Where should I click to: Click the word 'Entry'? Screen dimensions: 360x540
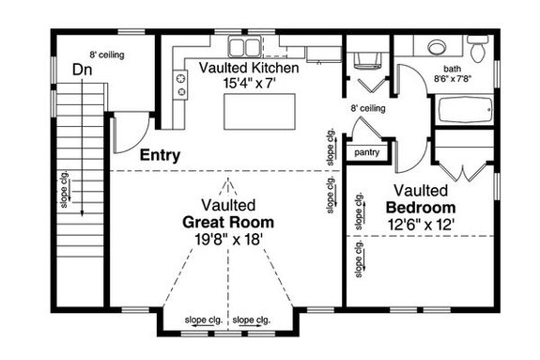160,155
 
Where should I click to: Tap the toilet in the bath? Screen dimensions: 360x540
477,47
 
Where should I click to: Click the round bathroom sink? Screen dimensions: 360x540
436,48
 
